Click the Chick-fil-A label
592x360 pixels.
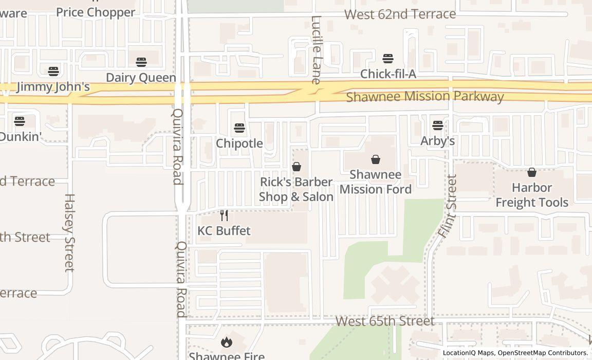pyautogui.click(x=388, y=74)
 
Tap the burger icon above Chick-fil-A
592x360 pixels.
pyautogui.click(x=388, y=58)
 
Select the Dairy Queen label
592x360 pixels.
pyautogui.click(x=141, y=78)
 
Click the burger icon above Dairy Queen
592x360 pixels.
pyautogui.click(x=141, y=62)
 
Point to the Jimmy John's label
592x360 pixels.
pyautogui.click(x=53, y=86)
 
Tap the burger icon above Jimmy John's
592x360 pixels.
pyautogui.click(x=53, y=70)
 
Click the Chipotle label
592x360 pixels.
pyautogui.click(x=239, y=143)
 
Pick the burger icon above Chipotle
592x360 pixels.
pyautogui.click(x=239, y=127)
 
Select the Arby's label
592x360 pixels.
pyautogui.click(x=437, y=140)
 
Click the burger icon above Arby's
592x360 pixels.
pyautogui.click(x=438, y=125)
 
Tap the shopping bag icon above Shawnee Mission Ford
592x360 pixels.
pyautogui.click(x=376, y=159)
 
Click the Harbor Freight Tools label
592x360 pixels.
pyautogui.click(x=532, y=195)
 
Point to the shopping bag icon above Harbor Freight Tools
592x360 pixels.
pyautogui.click(x=532, y=172)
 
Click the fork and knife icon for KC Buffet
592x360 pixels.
pyautogui.click(x=224, y=215)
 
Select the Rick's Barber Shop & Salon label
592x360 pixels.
pyautogui.click(x=296, y=189)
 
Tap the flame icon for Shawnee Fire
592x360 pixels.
pyautogui.click(x=226, y=341)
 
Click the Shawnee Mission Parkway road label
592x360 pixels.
pyautogui.click(x=424, y=97)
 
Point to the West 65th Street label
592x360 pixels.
pyautogui.click(x=385, y=321)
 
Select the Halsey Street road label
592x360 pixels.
pyautogui.click(x=70, y=232)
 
